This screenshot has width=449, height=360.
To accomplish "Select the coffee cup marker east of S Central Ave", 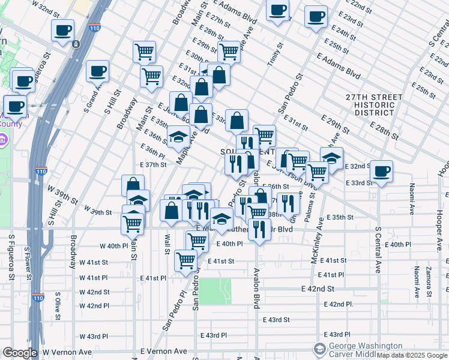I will click(381, 170).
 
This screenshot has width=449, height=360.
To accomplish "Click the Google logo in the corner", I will click(19, 353).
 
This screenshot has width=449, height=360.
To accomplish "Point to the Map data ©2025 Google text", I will click(412, 355).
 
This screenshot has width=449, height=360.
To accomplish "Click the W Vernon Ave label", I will click(67, 352).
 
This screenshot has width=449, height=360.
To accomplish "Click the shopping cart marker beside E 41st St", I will click(186, 260).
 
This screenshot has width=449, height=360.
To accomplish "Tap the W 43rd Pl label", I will click(93, 336).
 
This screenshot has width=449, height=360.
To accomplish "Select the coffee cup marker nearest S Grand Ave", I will click(97, 71).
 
